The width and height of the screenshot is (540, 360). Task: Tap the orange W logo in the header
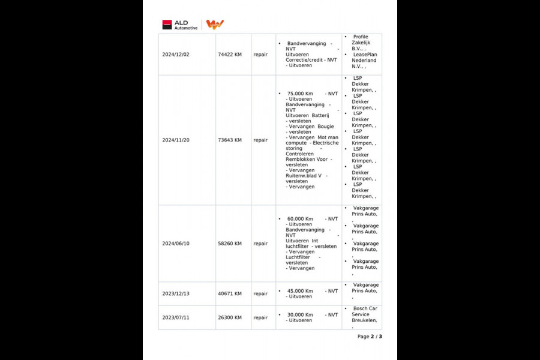pos(215,25)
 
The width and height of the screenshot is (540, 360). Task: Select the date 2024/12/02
pos(176,55)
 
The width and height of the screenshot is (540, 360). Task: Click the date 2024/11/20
pos(176,140)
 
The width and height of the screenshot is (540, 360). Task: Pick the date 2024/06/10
pos(176,244)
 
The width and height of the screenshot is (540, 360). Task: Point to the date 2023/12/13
pos(176,294)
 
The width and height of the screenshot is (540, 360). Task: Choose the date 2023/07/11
pos(176,317)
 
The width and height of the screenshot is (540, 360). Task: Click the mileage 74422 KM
pos(230,55)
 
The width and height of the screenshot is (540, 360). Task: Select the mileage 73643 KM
pos(230,140)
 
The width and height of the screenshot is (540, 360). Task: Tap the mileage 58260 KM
pos(230,244)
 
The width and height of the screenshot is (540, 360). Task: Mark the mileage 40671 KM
pos(230,294)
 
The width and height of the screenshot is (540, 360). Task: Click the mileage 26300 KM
pos(230,317)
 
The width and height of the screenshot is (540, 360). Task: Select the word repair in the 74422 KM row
pos(260,55)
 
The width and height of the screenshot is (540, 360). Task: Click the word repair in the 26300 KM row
pos(260,317)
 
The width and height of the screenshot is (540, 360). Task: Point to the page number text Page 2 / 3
pos(370,337)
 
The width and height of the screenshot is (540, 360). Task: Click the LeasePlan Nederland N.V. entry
pos(364,61)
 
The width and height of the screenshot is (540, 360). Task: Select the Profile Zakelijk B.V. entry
pos(364,43)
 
